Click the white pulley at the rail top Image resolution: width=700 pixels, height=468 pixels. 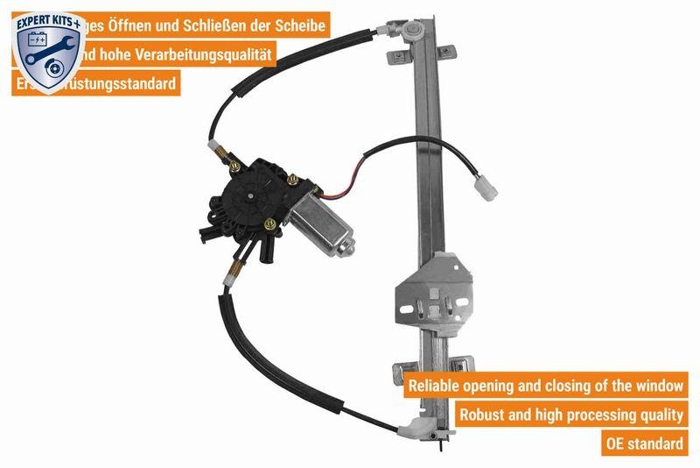pos(411,31)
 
